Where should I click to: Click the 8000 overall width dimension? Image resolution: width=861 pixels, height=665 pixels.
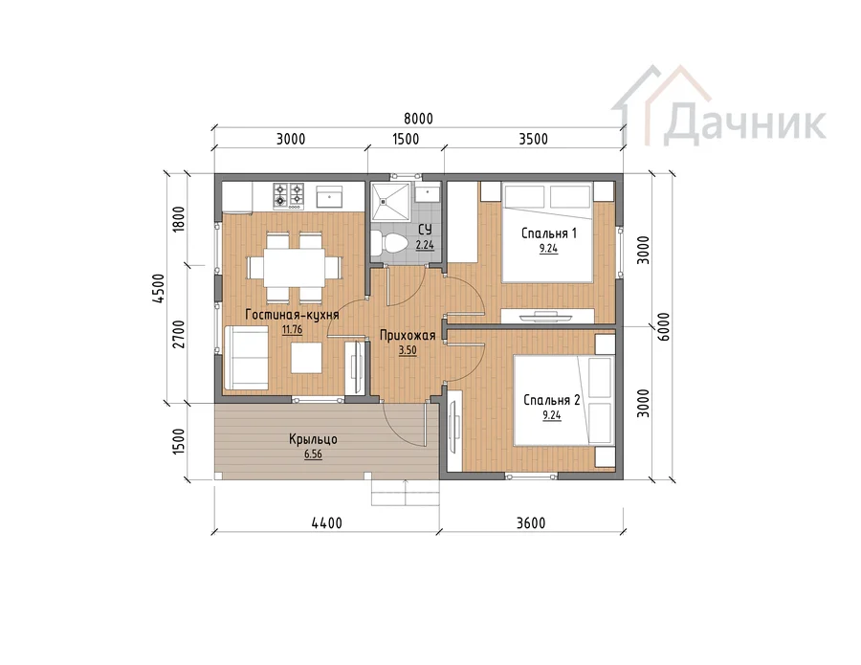pos(418,119)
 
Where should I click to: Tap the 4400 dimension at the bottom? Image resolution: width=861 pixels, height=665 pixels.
pos(327,523)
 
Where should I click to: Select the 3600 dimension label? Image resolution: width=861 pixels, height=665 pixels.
pos(531,523)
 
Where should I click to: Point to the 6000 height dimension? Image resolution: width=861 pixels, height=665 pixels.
pos(663,326)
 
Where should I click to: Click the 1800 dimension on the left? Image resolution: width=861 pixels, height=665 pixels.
pos(179,219)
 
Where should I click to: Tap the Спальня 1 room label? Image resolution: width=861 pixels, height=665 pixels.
pos(548,233)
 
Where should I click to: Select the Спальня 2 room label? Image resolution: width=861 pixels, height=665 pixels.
pos(551,400)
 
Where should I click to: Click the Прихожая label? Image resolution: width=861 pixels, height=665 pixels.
pos(408,336)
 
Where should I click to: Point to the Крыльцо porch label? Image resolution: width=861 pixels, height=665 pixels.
pos(313,439)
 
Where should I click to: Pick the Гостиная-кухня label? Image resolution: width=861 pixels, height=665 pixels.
pos(292,315)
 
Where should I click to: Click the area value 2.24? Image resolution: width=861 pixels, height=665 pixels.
pos(425,245)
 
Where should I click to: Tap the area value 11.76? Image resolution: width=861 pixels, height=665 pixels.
pos(292,330)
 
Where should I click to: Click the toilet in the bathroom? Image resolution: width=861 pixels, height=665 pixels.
pos(388,242)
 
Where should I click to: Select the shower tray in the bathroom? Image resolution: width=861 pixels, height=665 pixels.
pos(390,202)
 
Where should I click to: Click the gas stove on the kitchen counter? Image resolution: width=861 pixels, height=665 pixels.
pos(289,195)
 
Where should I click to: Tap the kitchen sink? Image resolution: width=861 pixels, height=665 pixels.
pos(329,196)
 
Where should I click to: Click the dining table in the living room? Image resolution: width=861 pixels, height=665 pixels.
pos(295,267)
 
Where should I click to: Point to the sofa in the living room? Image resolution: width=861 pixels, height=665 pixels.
pos(246,358)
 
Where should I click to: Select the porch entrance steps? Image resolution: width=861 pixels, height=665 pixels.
pos(406,492)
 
